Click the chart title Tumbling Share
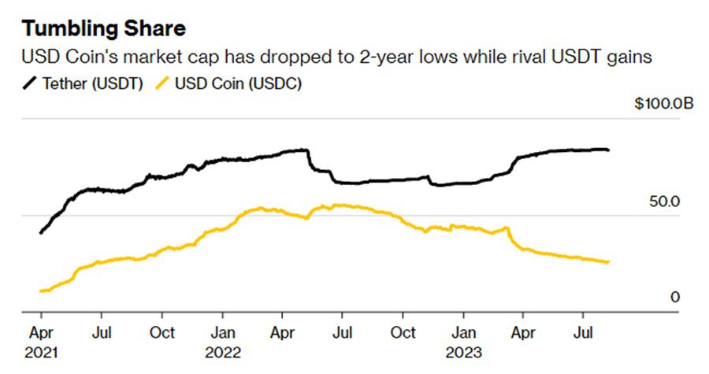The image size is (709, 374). click(x=105, y=29)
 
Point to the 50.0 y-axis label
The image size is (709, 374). click(x=663, y=202)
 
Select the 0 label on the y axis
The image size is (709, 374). click(x=674, y=297)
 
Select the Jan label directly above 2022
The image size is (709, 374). click(x=225, y=332)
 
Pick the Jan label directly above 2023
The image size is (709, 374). click(x=465, y=332)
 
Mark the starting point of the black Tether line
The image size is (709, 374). click(x=40, y=233)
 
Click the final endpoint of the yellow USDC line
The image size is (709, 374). click(x=608, y=262)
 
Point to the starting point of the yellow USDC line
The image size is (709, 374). click(x=40, y=291)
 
